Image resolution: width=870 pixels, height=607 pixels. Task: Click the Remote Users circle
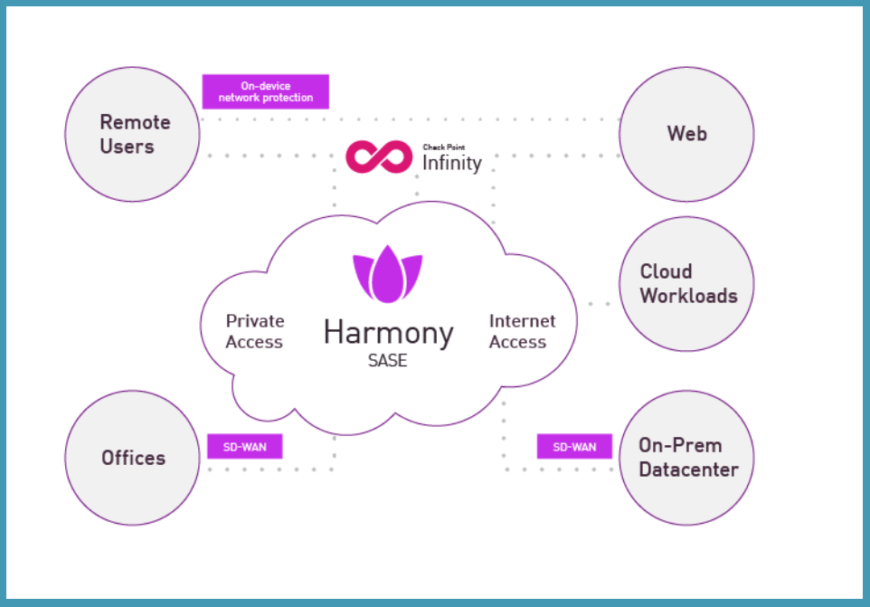pos(133,134)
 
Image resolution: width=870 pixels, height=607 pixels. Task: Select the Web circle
pos(686,134)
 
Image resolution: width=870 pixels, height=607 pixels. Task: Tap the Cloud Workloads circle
pos(686,283)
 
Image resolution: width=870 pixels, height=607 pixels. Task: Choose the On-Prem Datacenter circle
pos(686,457)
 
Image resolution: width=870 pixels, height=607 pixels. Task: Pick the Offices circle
pos(133,457)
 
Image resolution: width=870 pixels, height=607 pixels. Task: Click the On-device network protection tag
pos(265,91)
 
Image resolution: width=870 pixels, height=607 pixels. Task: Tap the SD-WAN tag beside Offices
pos(245,447)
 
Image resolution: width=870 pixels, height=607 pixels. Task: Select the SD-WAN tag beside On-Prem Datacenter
pos(574,447)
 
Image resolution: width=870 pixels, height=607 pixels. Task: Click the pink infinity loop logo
pos(380,156)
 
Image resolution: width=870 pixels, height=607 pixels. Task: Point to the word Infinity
pos(452,164)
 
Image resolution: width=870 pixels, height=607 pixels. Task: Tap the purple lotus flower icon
pos(387,272)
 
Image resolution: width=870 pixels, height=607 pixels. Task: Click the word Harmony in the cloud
pos(388,332)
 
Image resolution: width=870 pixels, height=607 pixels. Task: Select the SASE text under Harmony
pos(387,360)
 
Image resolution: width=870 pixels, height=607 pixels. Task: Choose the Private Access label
pos(254,331)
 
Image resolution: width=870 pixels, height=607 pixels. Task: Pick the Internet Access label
pos(522,331)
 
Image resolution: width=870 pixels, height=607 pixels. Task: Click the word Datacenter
pos(688,469)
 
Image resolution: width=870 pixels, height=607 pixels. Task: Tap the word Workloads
pos(688,296)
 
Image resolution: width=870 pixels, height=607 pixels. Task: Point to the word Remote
pos(135,122)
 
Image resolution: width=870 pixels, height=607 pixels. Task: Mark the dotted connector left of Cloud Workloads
pos(598,304)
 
